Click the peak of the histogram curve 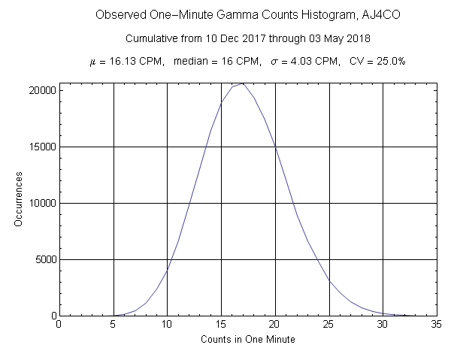[242, 83]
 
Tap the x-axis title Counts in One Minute [248, 340]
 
